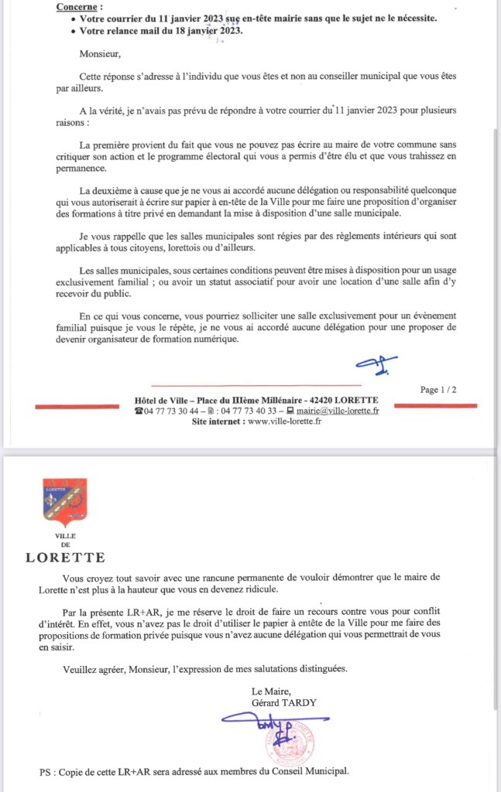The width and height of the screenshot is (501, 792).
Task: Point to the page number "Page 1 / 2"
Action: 438,390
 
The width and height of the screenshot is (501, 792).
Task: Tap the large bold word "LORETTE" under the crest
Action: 66,557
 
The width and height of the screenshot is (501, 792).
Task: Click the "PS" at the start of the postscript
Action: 45,771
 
